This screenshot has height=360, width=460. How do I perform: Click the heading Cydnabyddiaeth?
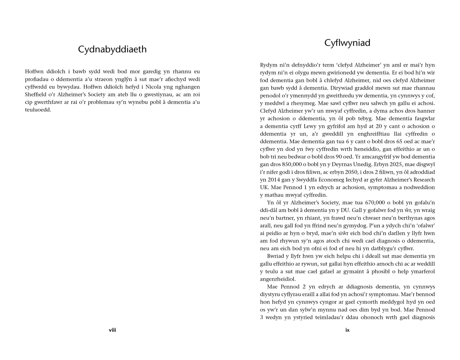click(112, 49)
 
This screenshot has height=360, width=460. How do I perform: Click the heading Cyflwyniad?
click(347, 43)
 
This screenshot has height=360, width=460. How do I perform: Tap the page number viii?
click(112, 330)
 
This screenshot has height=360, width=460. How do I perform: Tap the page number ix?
click(347, 330)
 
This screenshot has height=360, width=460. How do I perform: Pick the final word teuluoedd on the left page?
click(38, 110)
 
